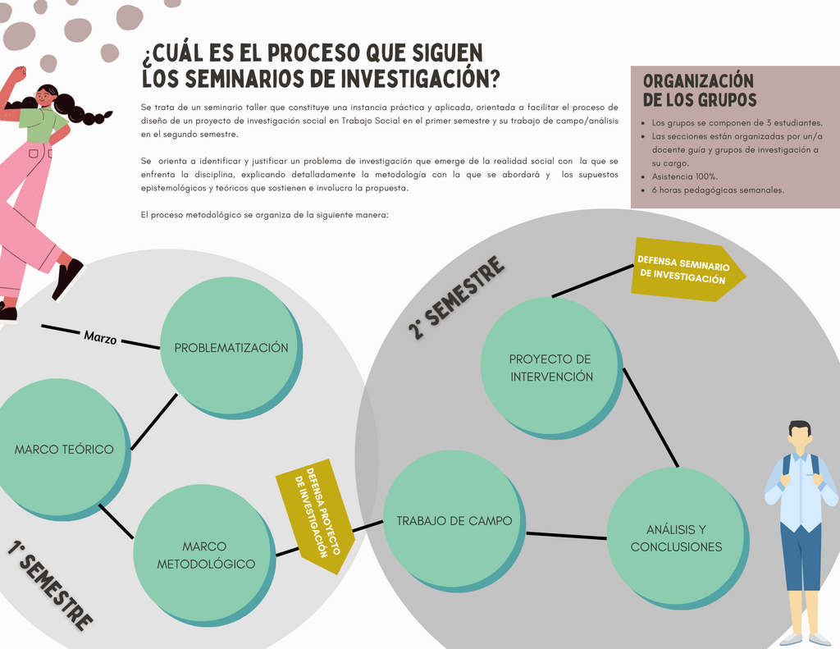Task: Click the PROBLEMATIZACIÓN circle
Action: (x=231, y=347)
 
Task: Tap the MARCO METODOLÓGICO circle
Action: (x=205, y=555)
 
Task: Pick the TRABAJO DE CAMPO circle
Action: (x=454, y=520)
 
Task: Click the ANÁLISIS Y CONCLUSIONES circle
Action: (x=676, y=538)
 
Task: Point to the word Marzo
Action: (x=100, y=336)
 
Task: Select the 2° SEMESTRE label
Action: (x=456, y=298)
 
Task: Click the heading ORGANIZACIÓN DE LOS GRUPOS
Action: (x=699, y=90)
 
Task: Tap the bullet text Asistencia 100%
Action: (x=685, y=176)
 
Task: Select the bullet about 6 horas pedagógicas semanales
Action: (x=718, y=190)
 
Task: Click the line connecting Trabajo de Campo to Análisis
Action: (x=566, y=536)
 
